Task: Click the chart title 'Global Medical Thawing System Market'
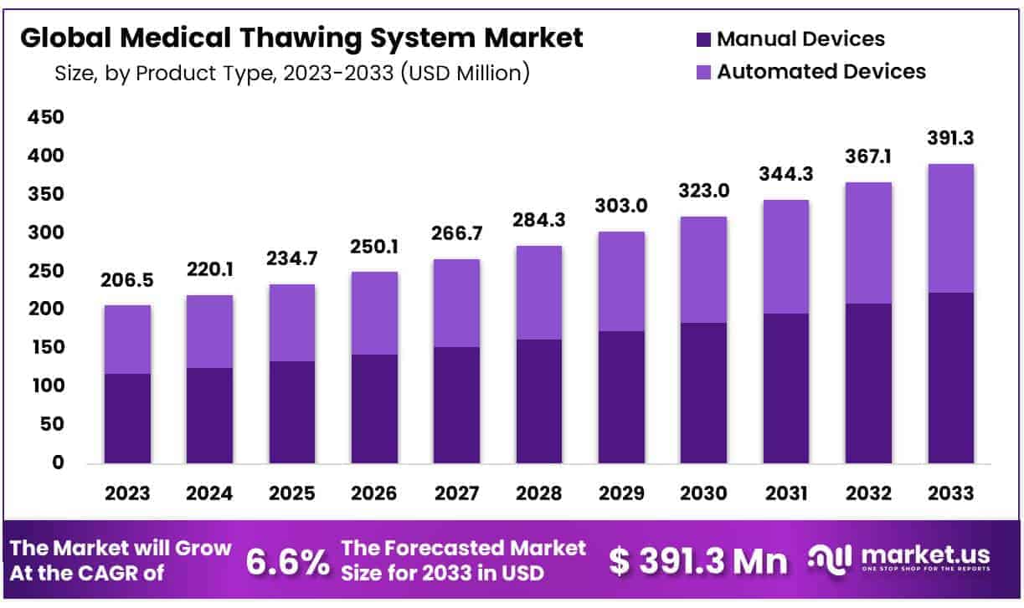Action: coord(301,38)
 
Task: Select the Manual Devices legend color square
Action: coord(702,38)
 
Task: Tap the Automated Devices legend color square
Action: coord(702,72)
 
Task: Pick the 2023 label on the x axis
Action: coord(127,493)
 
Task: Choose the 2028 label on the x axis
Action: coord(539,493)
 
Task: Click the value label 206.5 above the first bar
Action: coord(127,281)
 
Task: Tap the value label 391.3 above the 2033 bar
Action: coord(950,139)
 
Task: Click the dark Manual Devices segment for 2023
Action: coord(127,418)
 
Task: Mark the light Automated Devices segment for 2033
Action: coord(950,227)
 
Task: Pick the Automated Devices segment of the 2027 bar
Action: coord(457,303)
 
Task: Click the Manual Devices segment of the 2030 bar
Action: coord(703,392)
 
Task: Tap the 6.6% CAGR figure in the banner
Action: coord(287,563)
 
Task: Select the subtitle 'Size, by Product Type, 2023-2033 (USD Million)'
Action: coord(292,74)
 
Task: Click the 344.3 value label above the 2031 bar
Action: coord(785,175)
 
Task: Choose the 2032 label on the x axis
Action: coord(868,493)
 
